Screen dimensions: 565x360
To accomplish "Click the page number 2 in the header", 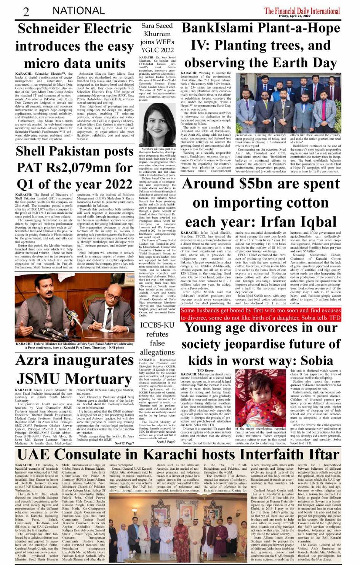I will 26,11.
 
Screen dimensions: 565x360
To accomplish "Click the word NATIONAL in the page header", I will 78,11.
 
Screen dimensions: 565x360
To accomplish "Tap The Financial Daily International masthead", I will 302,10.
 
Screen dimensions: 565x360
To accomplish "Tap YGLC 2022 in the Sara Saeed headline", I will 157,50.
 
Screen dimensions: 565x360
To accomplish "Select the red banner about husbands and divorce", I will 260,314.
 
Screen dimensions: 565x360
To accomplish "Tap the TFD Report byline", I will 206,370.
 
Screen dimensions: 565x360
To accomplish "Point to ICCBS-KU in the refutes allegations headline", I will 157,325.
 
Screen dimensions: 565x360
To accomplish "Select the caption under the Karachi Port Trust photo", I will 75,345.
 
